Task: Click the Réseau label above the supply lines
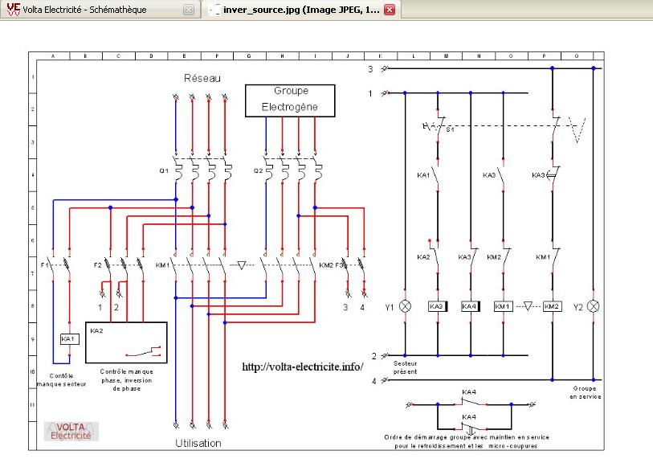coord(201,78)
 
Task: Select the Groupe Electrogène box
coord(290,99)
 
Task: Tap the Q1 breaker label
coord(164,170)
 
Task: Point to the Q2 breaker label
coord(257,170)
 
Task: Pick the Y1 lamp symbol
coord(405,306)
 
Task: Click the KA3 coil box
coord(437,306)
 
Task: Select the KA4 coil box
coord(470,306)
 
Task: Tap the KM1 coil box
coord(503,306)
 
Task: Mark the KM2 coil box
coord(551,306)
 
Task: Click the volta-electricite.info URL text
coord(303,367)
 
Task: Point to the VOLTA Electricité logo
coord(71,432)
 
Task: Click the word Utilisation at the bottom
coord(198,443)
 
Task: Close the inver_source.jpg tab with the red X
coord(390,10)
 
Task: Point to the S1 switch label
coord(450,129)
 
